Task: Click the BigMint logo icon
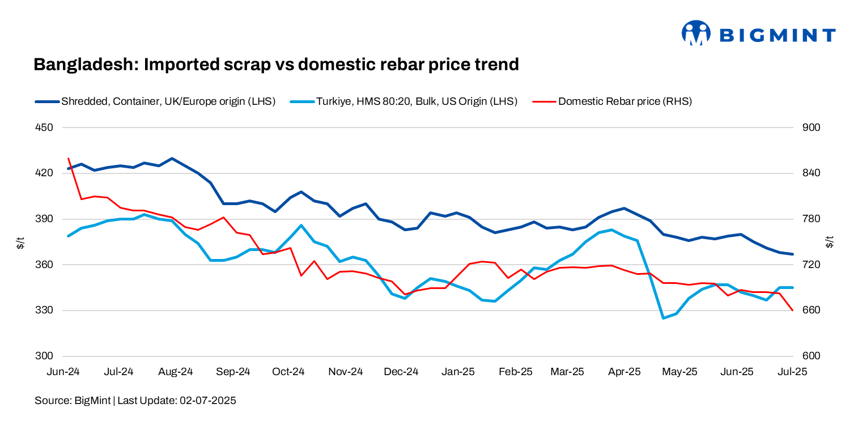695,33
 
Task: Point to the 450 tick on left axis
44,127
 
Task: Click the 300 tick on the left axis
44,356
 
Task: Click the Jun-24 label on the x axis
63,372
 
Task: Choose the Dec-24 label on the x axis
401,372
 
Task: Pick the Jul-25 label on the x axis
792,372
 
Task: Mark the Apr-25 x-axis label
624,372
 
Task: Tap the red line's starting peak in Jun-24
68,159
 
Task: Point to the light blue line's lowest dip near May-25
663,318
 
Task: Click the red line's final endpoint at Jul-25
792,310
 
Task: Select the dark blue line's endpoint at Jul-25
792,254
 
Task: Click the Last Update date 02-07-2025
207,401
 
